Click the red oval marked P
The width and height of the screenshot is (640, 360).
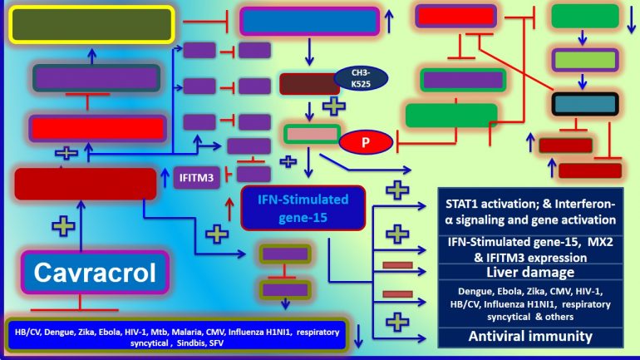point(365,142)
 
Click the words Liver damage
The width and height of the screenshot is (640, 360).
point(531,271)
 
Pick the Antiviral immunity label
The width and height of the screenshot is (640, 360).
point(530,337)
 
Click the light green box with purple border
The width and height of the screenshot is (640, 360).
point(584,60)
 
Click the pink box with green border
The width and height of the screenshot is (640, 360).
point(312,134)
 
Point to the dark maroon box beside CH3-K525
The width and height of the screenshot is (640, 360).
point(308,83)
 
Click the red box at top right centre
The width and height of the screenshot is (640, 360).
point(455,17)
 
